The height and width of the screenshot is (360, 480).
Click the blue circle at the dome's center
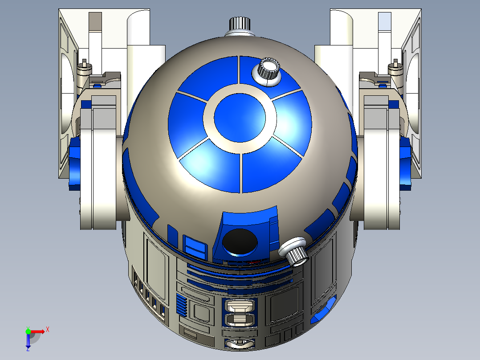(x=240, y=117)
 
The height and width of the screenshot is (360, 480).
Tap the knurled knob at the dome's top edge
(x=240, y=25)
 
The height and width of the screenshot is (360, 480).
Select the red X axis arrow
(x=37, y=331)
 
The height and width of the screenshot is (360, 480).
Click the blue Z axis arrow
(x=28, y=341)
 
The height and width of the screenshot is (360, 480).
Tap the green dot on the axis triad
(x=28, y=331)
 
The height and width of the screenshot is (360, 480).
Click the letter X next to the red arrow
(x=47, y=329)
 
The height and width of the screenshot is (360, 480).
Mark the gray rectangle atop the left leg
(x=95, y=21)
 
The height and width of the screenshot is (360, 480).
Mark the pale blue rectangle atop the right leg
(x=384, y=21)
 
